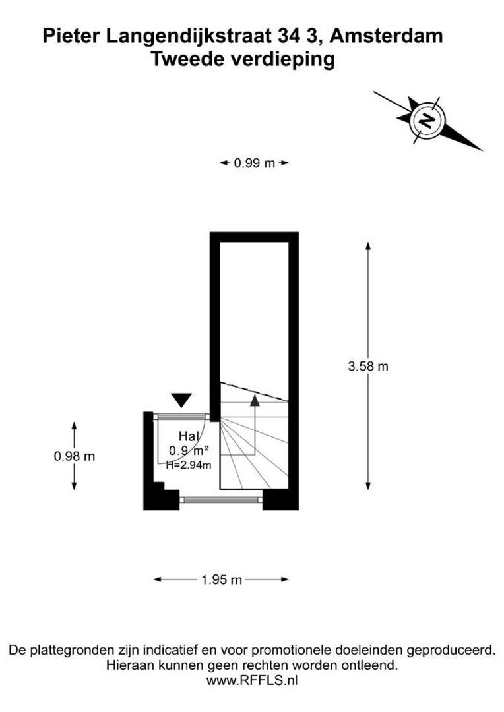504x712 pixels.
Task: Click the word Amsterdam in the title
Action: [387, 36]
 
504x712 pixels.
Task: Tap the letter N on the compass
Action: [427, 121]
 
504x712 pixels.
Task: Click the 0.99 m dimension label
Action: [255, 163]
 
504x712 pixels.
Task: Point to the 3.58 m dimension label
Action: [368, 366]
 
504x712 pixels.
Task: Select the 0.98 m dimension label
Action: [75, 456]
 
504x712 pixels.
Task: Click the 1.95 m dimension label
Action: [222, 579]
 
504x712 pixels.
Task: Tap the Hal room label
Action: [189, 436]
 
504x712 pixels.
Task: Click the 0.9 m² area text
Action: [189, 451]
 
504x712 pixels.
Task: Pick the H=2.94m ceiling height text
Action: [189, 465]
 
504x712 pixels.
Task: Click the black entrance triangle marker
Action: [182, 400]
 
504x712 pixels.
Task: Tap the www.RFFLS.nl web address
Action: [252, 680]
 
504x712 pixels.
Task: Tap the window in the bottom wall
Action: [221, 500]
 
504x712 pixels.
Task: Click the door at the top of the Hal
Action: [181, 415]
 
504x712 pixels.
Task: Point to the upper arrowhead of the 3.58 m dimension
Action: [368, 247]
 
